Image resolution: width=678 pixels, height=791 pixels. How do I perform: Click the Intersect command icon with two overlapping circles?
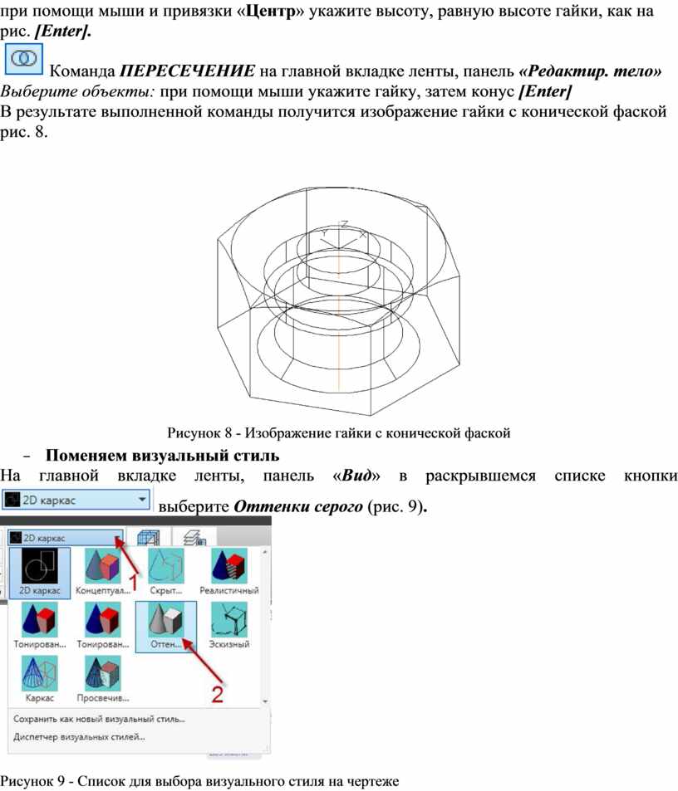click(x=24, y=59)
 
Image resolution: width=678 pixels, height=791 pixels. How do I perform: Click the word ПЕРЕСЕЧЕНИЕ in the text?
click(x=187, y=71)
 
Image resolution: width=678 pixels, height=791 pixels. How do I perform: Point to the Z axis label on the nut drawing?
click(x=344, y=224)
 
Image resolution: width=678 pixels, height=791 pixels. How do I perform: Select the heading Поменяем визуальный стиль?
click(x=162, y=456)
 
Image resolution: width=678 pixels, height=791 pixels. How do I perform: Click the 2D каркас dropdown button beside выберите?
click(x=76, y=500)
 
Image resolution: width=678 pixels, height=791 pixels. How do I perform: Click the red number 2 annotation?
click(x=217, y=695)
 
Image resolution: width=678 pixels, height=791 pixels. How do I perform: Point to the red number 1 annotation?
click(x=135, y=583)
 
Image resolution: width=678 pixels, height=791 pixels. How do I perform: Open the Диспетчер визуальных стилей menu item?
click(x=79, y=737)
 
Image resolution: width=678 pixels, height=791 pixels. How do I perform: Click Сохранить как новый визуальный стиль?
click(x=99, y=719)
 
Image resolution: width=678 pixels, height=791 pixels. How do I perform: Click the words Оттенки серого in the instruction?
click(x=297, y=506)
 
